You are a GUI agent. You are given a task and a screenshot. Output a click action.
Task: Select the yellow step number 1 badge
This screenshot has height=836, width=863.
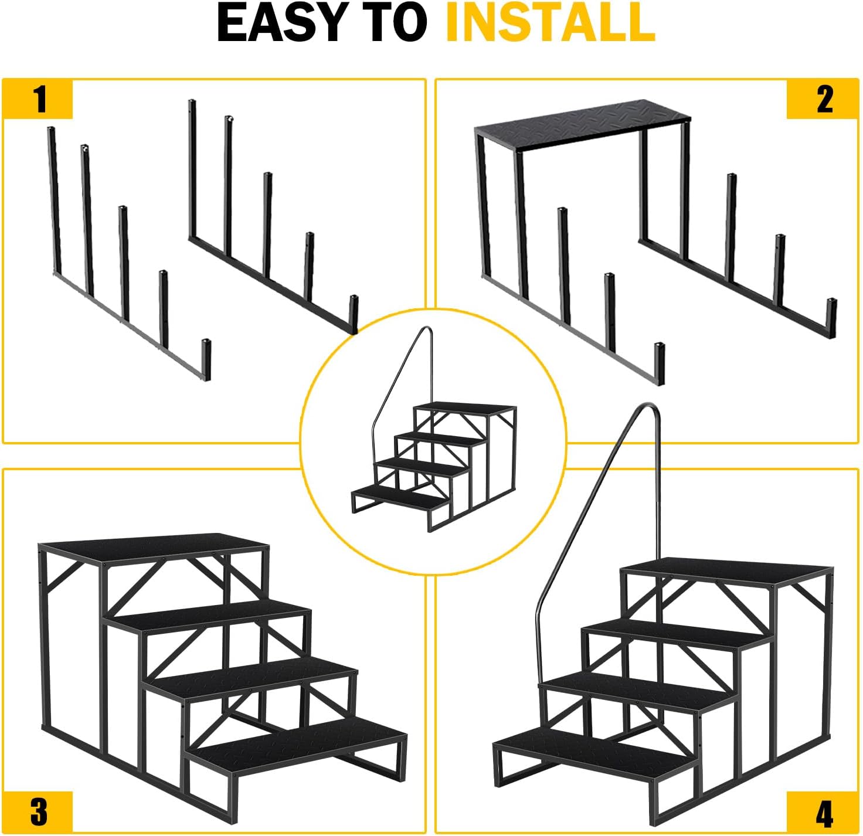coord(39,99)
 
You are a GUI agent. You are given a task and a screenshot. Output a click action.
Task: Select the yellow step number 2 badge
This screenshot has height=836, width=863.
coord(824,99)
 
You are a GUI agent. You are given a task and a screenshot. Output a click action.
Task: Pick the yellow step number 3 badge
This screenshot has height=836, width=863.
coord(39,812)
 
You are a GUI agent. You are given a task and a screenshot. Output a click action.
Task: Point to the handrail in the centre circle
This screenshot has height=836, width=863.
coord(399,381)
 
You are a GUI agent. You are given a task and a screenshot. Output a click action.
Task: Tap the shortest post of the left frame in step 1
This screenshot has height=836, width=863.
coord(206,359)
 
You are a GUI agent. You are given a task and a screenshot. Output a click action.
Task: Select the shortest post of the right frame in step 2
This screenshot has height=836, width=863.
coord(831,317)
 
